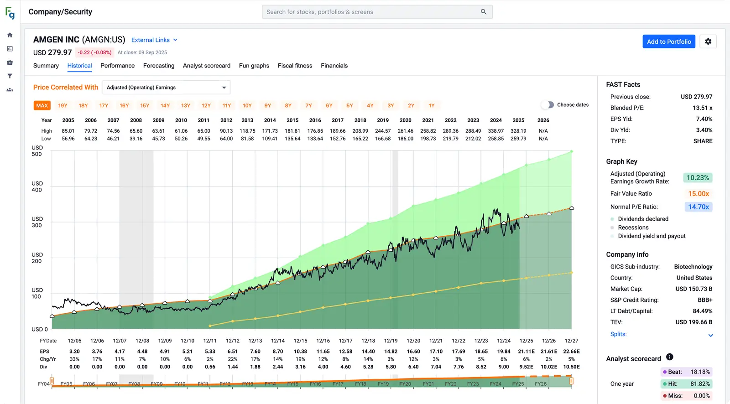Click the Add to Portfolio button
pyautogui.click(x=668, y=41)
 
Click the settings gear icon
pyautogui.click(x=708, y=41)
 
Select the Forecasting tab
pyautogui.click(x=159, y=66)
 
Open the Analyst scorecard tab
pyautogui.click(x=207, y=66)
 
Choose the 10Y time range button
pyautogui.click(x=247, y=105)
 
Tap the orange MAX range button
pyautogui.click(x=42, y=105)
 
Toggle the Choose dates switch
pyautogui.click(x=547, y=105)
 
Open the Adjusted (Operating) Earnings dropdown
pyautogui.click(x=166, y=88)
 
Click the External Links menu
pyautogui.click(x=154, y=40)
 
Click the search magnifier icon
pyautogui.click(x=484, y=12)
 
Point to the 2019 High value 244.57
pyautogui.click(x=383, y=131)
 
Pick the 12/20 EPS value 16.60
pyautogui.click(x=413, y=352)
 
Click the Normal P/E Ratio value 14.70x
pyautogui.click(x=699, y=207)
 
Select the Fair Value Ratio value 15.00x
pyautogui.click(x=699, y=194)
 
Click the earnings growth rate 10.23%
pyautogui.click(x=698, y=178)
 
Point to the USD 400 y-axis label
pyautogui.click(x=37, y=187)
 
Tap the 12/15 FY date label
pyautogui.click(x=300, y=341)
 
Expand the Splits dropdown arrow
pyautogui.click(x=710, y=335)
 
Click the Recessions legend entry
pyautogui.click(x=633, y=228)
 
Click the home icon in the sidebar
pyautogui.click(x=10, y=35)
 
